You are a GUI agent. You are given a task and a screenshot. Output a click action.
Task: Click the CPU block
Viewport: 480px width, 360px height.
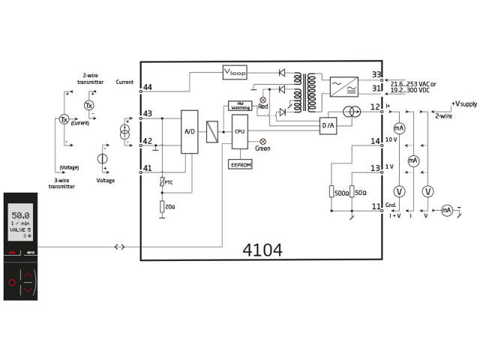[x=240, y=130]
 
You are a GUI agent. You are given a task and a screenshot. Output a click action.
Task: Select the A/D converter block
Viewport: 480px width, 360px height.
[x=189, y=132]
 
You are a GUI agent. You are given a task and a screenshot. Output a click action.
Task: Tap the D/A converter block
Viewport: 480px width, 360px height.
[x=328, y=125]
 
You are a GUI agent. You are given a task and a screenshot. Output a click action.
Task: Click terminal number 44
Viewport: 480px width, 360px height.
[x=148, y=88]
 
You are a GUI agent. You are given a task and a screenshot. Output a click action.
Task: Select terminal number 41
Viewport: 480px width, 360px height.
[x=148, y=168]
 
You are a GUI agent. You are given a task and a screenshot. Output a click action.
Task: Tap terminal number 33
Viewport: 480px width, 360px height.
[x=377, y=74]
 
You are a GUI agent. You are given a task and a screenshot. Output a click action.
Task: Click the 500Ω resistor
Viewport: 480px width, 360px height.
[x=331, y=193]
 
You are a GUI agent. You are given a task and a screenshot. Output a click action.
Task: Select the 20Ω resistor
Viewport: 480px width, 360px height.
[x=162, y=206]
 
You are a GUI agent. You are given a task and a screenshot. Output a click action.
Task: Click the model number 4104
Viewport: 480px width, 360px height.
[x=262, y=250]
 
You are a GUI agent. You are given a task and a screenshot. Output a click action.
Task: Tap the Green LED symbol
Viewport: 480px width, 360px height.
[x=262, y=141]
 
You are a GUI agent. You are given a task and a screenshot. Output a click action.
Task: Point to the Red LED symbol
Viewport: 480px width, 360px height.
[x=262, y=99]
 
